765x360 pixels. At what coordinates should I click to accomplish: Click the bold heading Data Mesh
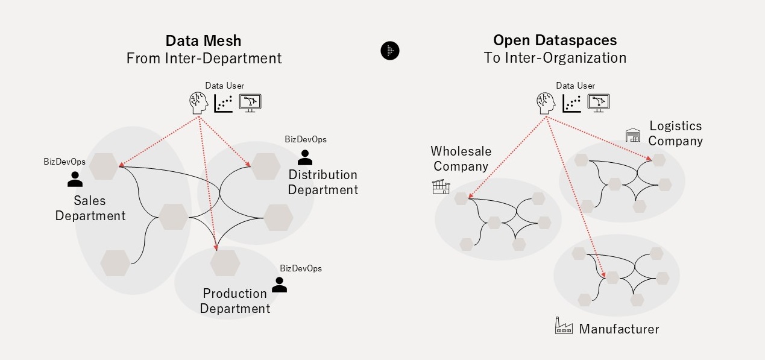(x=204, y=41)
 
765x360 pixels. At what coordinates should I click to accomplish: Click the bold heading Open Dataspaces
(x=555, y=40)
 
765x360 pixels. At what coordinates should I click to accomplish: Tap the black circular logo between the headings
(x=390, y=51)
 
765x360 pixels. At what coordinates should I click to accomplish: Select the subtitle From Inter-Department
(x=204, y=58)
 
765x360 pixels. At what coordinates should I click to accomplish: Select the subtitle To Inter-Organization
(x=555, y=58)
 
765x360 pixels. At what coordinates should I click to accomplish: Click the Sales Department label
(x=90, y=207)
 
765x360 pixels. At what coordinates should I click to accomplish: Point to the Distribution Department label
(x=323, y=182)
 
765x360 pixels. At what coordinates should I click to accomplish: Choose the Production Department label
(x=235, y=301)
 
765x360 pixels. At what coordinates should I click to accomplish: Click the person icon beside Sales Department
(x=75, y=178)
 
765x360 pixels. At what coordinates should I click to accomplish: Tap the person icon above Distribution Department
(x=305, y=157)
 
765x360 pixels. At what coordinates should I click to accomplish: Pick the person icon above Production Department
(x=279, y=285)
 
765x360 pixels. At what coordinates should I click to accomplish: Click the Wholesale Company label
(x=461, y=159)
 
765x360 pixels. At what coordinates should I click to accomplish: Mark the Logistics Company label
(x=675, y=133)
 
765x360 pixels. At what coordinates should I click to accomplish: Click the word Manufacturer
(x=619, y=329)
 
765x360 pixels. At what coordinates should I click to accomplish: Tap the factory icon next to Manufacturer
(x=564, y=327)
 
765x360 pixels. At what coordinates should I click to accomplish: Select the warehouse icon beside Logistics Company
(x=632, y=135)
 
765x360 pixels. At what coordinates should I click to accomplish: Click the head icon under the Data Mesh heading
(x=198, y=103)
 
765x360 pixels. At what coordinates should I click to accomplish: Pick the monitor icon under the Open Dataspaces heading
(x=599, y=103)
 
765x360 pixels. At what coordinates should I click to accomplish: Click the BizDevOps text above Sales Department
(x=65, y=162)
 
